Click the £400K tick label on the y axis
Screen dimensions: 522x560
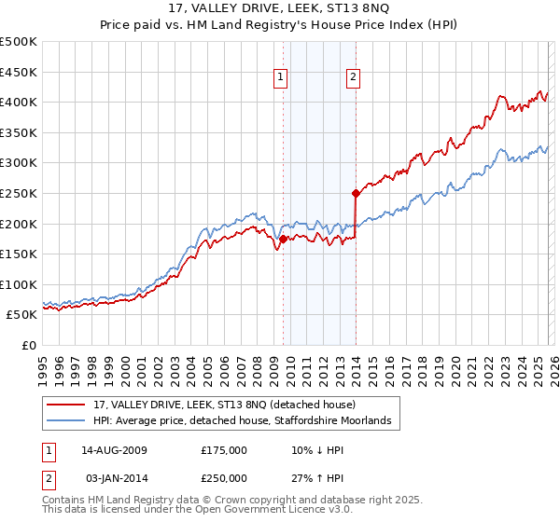19,102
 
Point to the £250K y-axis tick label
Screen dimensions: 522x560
19,193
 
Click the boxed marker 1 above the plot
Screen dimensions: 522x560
282,78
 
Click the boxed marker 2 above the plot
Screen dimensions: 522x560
354,78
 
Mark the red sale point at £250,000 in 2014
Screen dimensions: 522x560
356,194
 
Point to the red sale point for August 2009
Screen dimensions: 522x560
283,240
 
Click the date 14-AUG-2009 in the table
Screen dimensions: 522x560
115,449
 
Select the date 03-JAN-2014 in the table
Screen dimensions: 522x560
115,477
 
